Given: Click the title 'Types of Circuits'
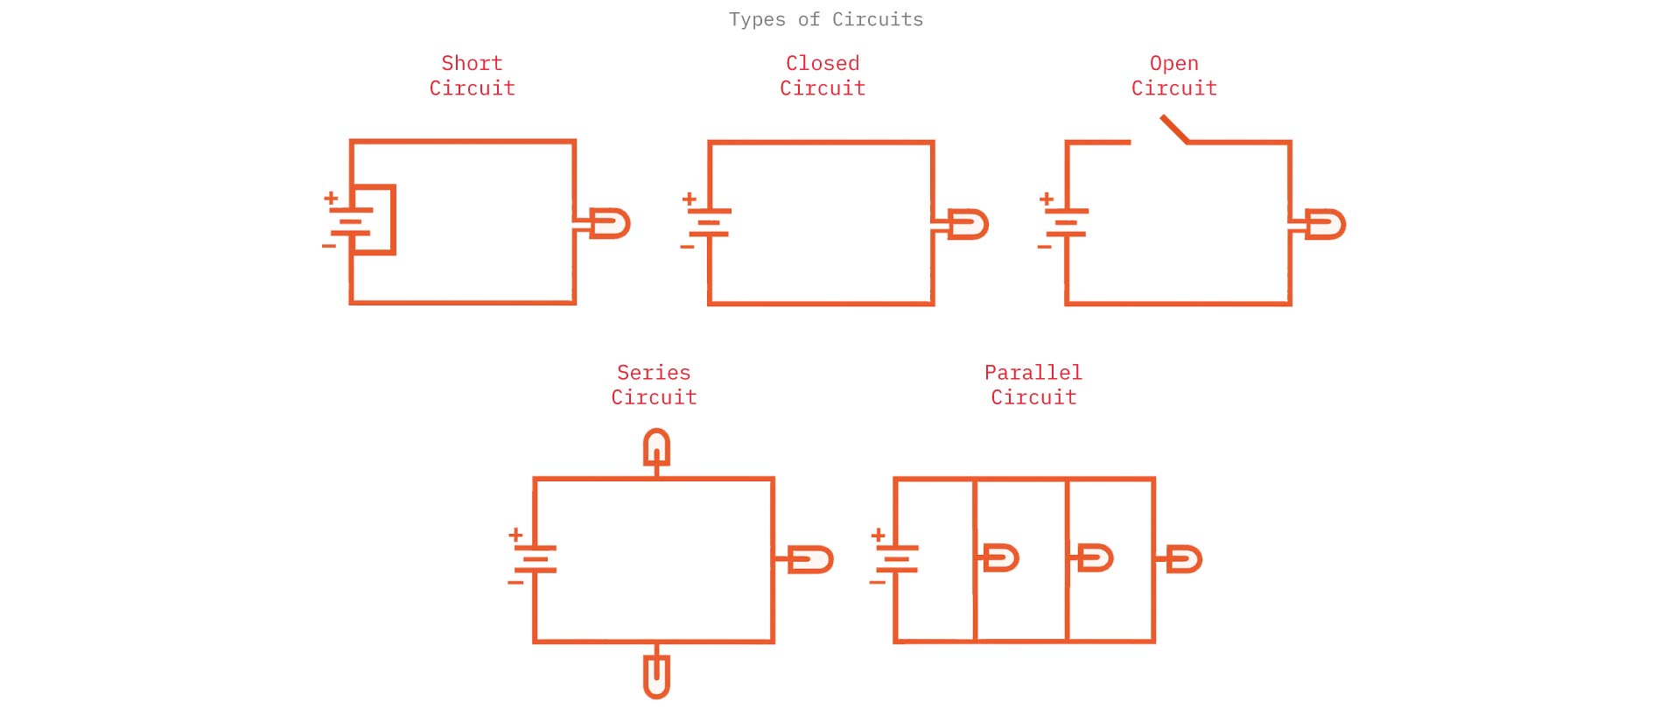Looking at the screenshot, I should pos(826,19).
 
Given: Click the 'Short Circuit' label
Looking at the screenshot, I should pos(472,75).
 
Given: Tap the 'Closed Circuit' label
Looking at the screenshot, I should pos(823,75).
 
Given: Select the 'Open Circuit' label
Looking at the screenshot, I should pos(1173,75).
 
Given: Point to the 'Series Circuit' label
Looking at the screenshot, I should pos(654,385).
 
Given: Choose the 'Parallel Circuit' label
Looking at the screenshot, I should pos(1033,385).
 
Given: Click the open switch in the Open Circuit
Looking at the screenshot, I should pos(1174,130).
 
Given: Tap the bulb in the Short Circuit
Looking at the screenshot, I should pos(609,223).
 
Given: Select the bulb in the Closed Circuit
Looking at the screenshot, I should pos(968,224).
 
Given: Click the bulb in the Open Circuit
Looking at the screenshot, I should pos(1325,224).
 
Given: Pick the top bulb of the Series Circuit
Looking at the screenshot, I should pos(657,447).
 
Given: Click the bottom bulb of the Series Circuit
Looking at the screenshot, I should pos(656,676).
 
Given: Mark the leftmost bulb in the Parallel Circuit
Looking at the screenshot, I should pos(1001,557).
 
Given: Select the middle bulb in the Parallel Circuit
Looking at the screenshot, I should pos(1094,557).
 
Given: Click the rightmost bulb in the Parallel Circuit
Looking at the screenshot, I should pos(1184,559).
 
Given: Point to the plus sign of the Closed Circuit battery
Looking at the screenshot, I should pos(690,200).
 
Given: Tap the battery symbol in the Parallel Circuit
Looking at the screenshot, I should pos(897,558).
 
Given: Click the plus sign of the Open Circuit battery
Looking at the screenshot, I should pos(1047,200).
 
